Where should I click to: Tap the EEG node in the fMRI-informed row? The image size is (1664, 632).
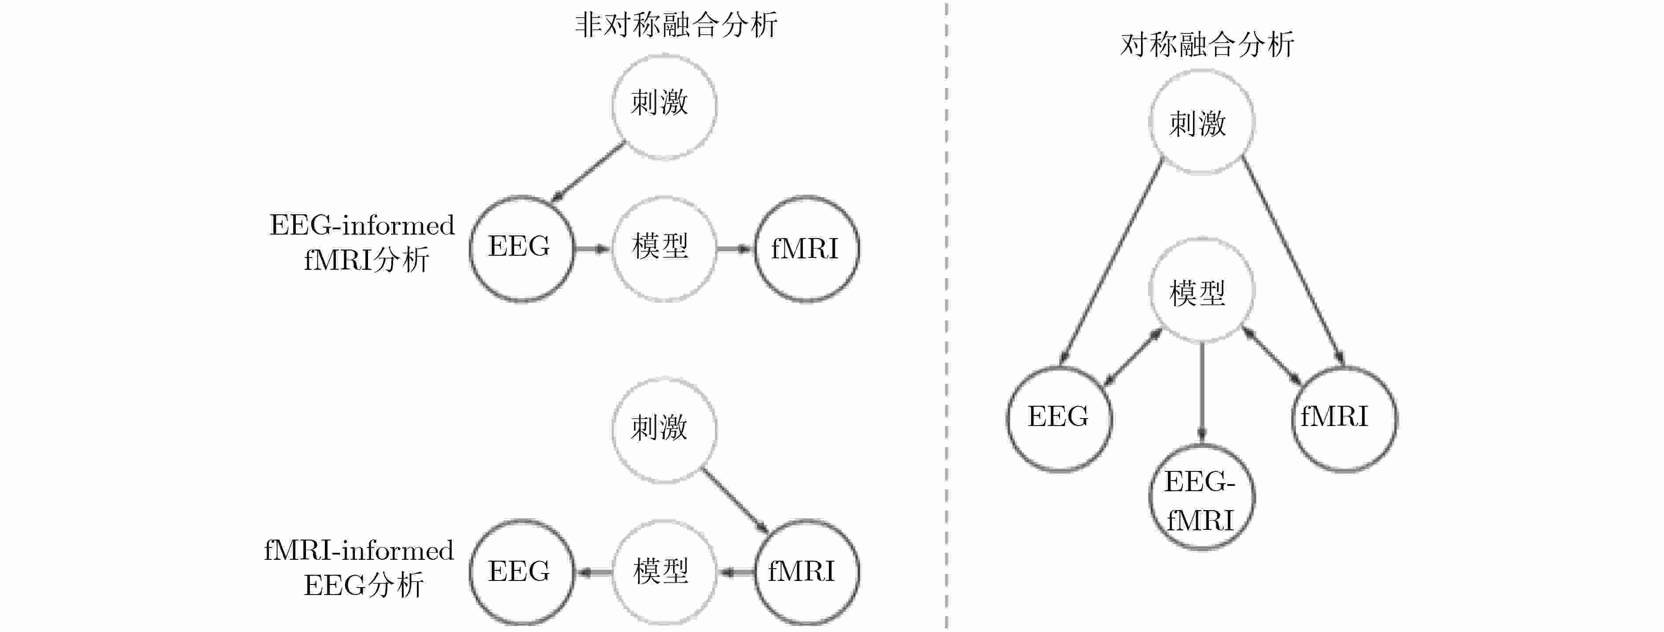click(521, 573)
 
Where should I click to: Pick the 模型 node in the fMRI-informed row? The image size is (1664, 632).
click(664, 573)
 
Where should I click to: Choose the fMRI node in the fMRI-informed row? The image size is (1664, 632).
click(807, 573)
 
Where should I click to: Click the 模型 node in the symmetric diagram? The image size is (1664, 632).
click(1201, 290)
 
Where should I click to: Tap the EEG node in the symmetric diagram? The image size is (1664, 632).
click(1060, 418)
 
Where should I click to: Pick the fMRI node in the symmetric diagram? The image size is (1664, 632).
click(1344, 418)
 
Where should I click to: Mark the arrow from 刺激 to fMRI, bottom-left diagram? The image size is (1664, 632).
click(735, 501)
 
